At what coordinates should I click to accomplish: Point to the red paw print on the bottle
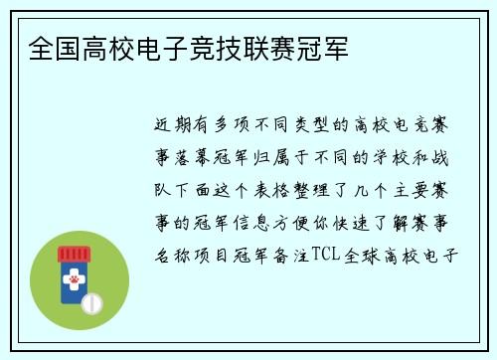(73, 280)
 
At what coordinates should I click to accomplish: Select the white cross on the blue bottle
(73, 269)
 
